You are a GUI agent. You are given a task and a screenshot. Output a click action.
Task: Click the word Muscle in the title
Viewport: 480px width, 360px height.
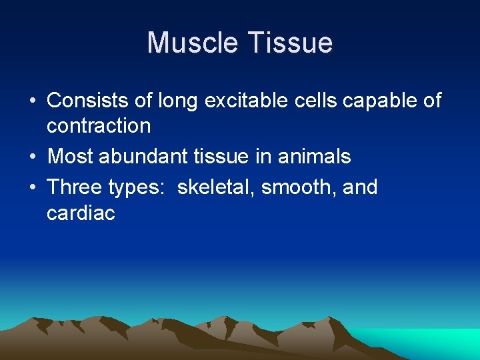click(x=194, y=43)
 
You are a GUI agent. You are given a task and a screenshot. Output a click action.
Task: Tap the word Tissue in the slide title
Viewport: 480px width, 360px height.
click(x=291, y=43)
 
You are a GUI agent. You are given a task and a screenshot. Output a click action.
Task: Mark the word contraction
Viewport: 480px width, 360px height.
click(x=99, y=125)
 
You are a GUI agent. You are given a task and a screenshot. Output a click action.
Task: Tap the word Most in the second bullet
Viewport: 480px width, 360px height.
click(x=71, y=157)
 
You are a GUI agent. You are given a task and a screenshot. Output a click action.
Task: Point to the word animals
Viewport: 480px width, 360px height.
click(x=319, y=157)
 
